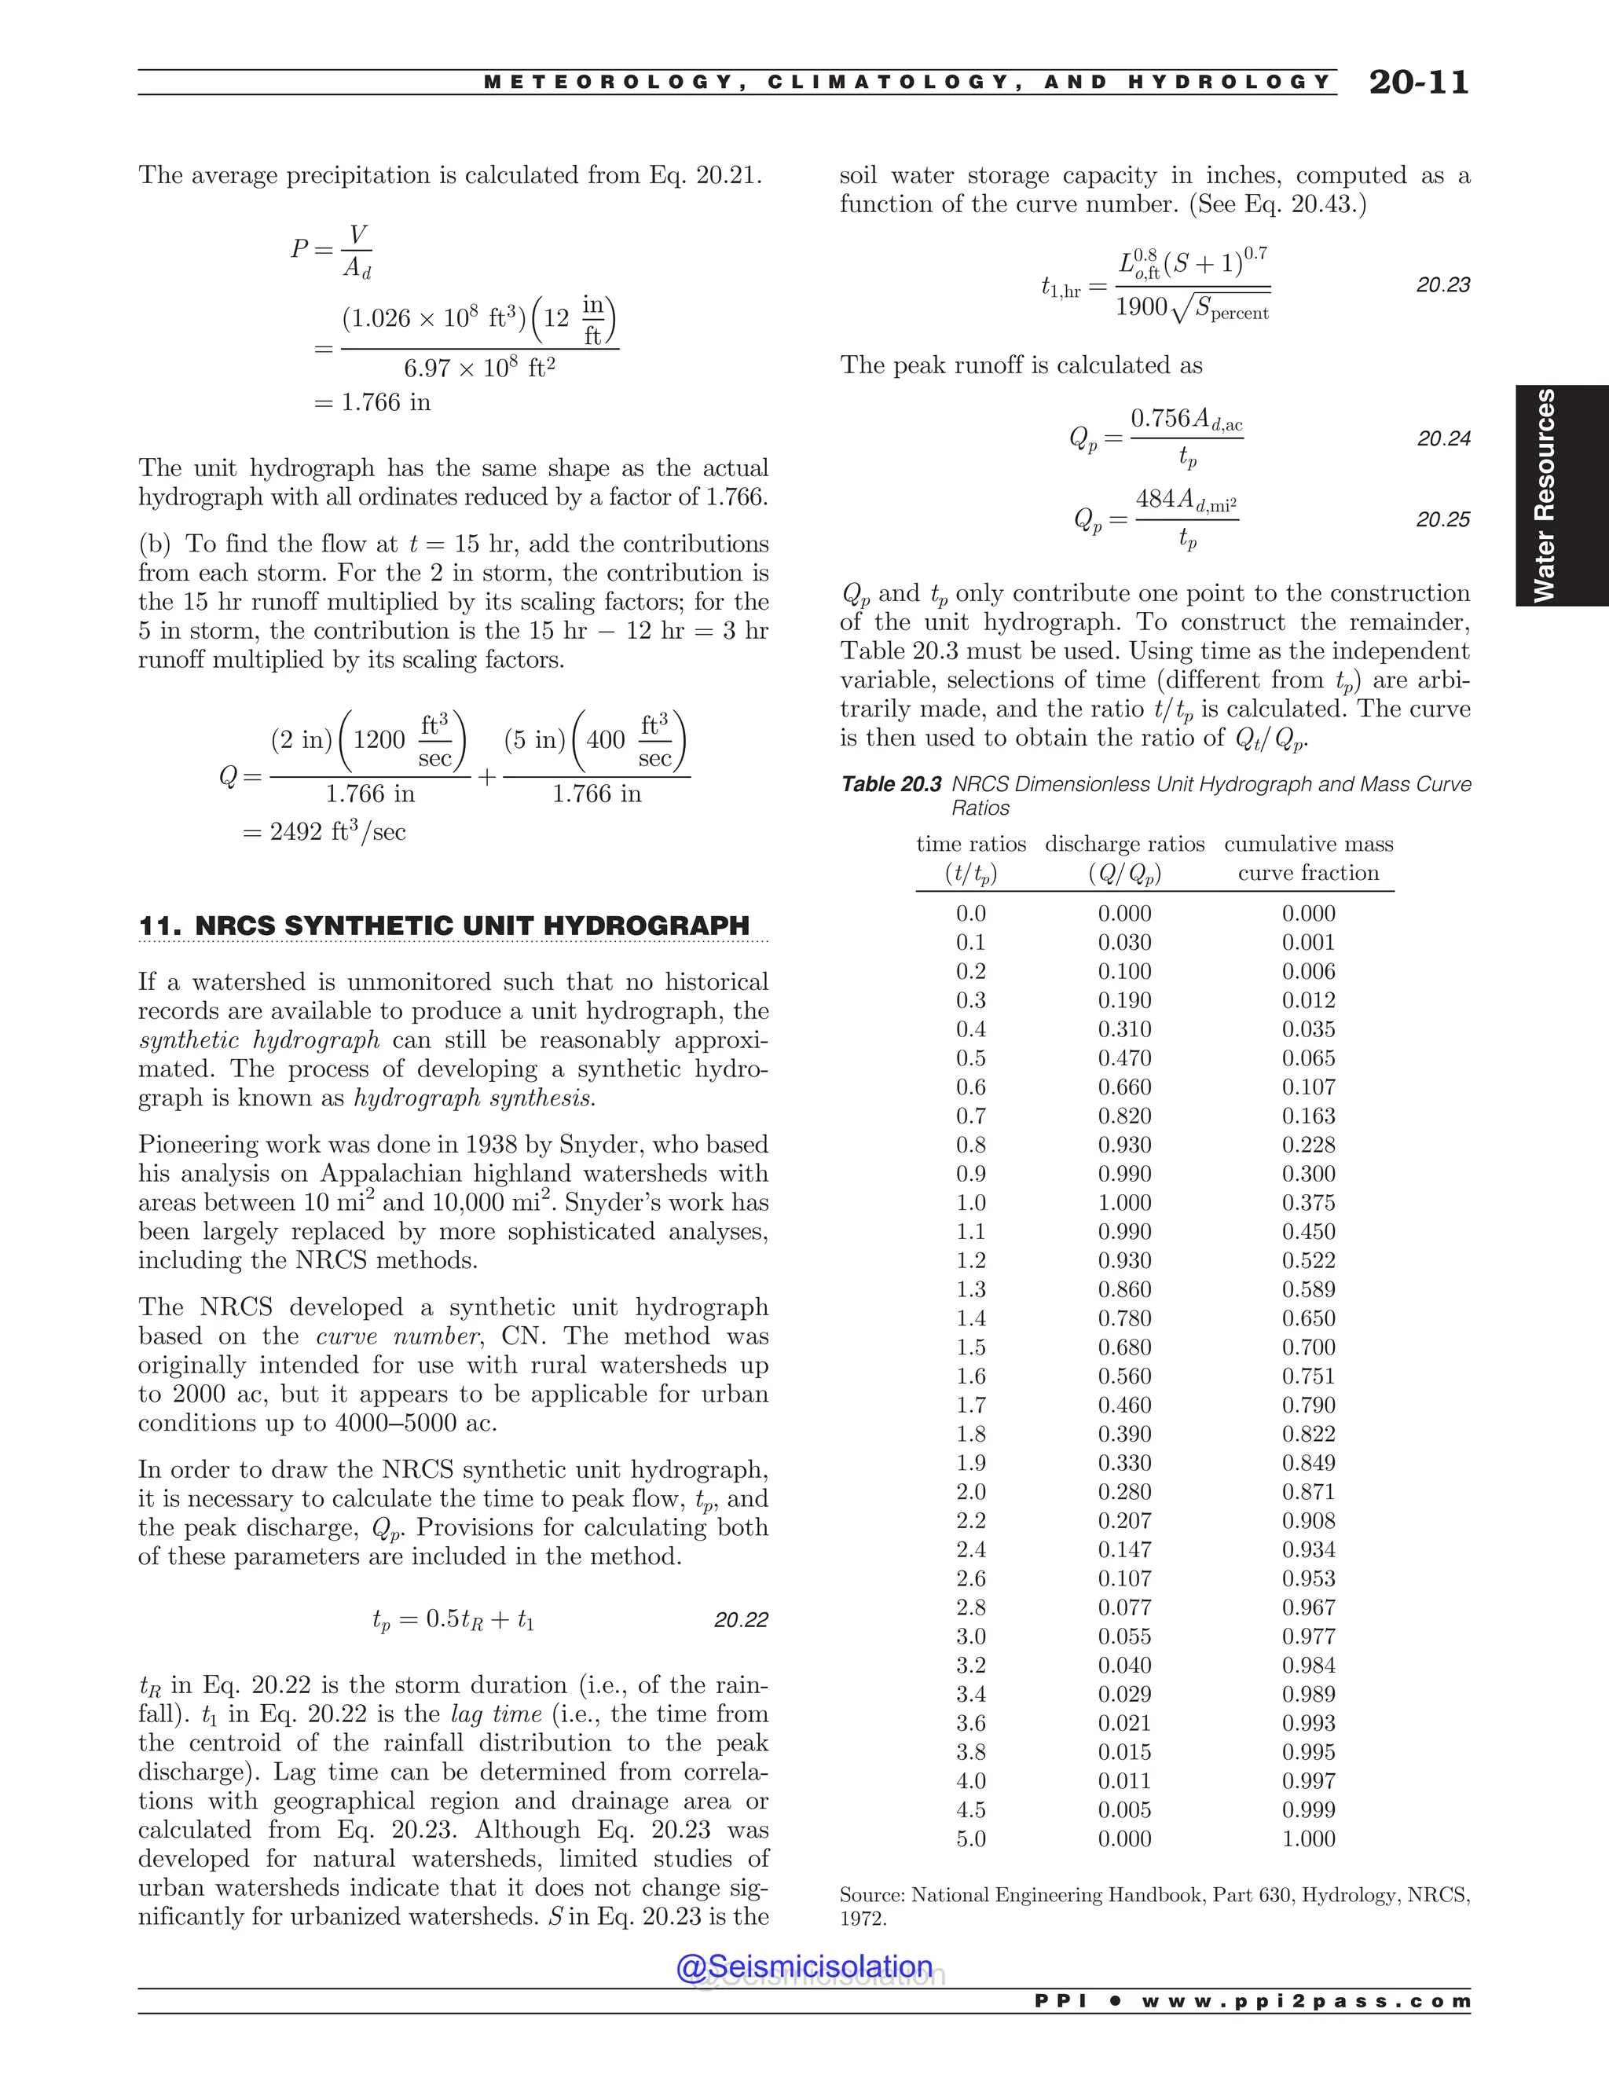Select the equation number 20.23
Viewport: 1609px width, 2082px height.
coord(1442,284)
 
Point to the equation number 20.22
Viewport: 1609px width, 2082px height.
coord(741,1620)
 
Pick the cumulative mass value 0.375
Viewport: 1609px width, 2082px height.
coord(1308,1202)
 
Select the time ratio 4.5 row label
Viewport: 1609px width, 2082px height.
coord(970,1809)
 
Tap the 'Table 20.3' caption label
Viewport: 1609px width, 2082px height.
coord(890,783)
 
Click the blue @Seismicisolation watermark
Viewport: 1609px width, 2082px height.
coord(804,1966)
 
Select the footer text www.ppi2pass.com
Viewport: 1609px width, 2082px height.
coord(1305,2001)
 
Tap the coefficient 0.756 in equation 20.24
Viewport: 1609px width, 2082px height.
coord(1159,417)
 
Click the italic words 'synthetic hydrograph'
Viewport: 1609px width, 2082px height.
coord(258,1040)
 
